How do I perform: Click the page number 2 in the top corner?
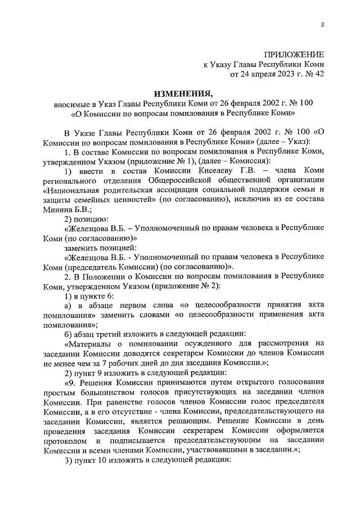click(322, 24)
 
